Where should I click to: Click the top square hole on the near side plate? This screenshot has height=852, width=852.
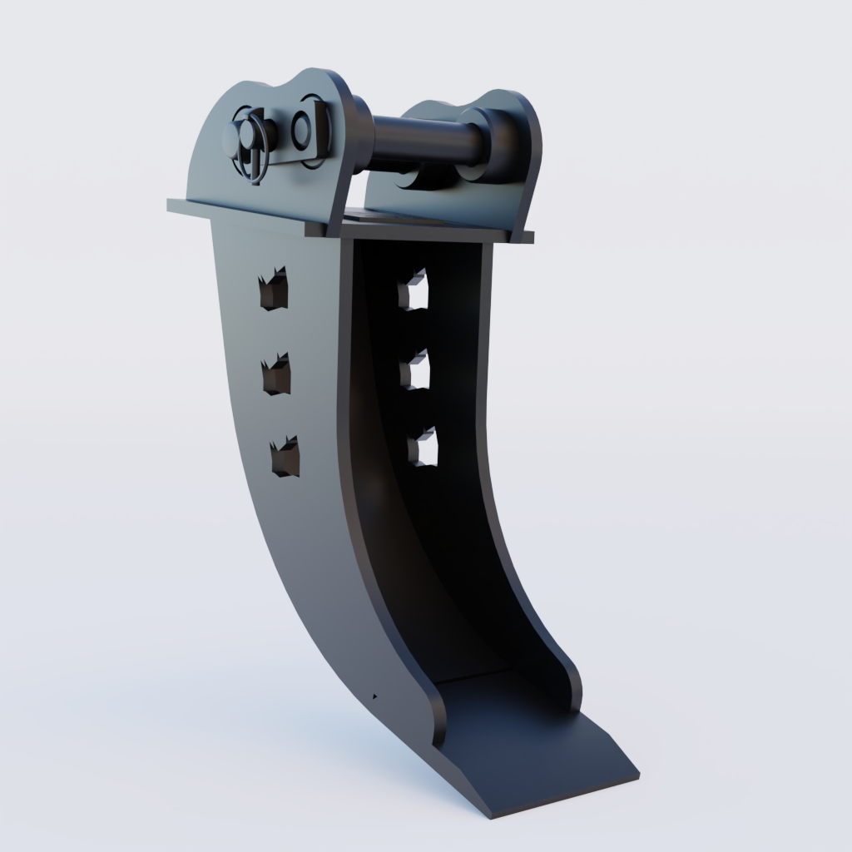(273, 290)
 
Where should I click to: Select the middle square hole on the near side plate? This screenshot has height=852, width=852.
(276, 375)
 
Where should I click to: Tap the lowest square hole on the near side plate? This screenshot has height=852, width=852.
(285, 457)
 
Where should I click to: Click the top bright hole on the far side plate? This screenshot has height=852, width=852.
(414, 291)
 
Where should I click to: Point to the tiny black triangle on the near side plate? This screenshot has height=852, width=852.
(374, 694)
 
